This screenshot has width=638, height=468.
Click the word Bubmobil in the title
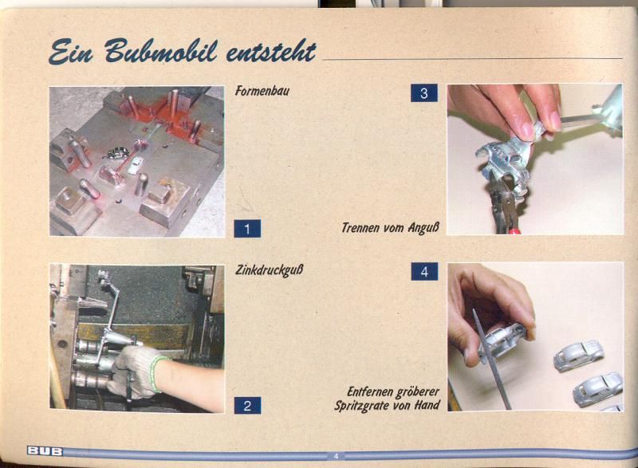click(160, 51)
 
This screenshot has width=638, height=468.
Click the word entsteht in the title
click(271, 53)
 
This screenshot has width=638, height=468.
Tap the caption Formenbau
click(262, 90)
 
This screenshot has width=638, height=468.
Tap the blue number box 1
click(247, 229)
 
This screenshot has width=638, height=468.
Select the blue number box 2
click(247, 405)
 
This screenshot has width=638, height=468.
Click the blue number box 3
click(424, 92)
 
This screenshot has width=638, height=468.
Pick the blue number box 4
click(424, 271)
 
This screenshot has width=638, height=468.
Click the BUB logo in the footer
click(45, 451)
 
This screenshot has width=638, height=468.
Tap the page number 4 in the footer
click(336, 456)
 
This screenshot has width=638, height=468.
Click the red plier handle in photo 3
click(514, 232)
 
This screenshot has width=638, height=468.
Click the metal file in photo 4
click(491, 360)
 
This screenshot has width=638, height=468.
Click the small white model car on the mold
click(136, 165)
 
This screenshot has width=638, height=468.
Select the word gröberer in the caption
click(419, 392)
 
